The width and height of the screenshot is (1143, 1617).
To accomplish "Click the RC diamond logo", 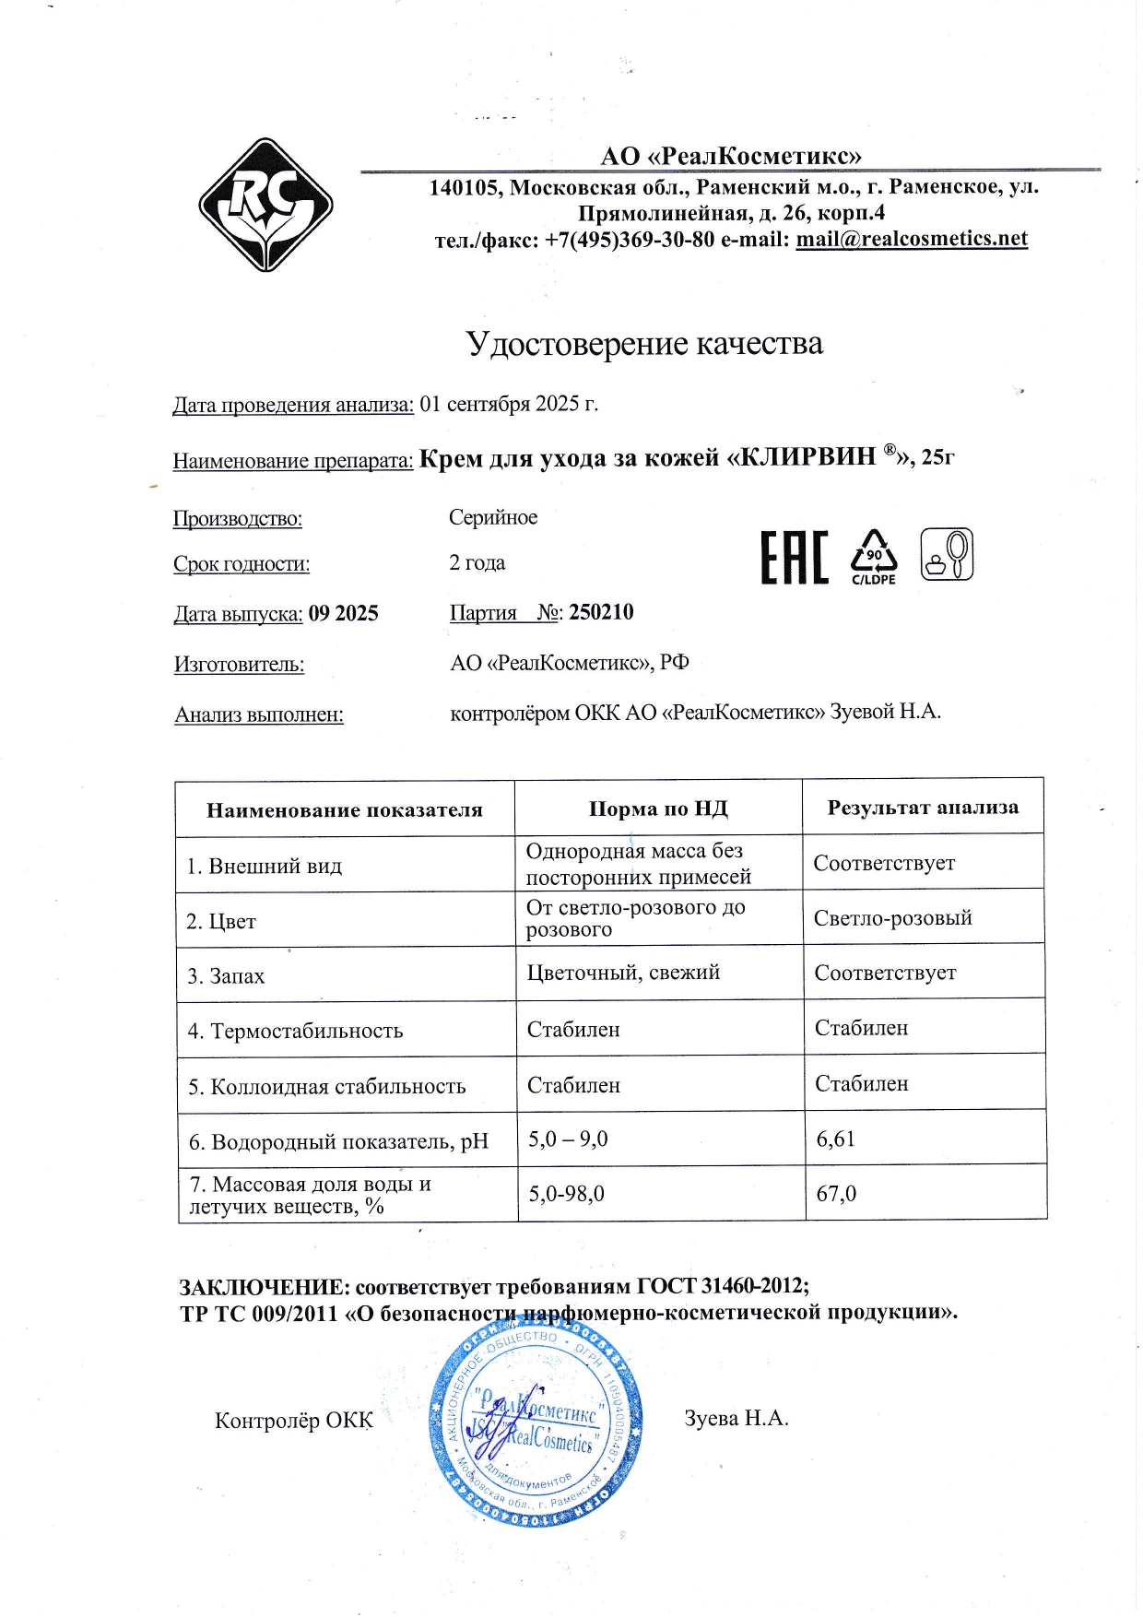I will pos(265,205).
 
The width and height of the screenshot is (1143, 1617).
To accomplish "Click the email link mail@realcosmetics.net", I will pos(911,239).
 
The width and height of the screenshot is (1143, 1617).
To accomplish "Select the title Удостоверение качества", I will pos(643,344).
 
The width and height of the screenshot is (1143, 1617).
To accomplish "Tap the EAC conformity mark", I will pos(794,557).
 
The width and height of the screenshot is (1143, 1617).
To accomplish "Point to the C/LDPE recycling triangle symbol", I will pos(873,556).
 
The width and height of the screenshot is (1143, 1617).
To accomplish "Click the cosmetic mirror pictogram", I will pos(947,554).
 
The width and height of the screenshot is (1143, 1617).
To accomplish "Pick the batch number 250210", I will pos(601,613).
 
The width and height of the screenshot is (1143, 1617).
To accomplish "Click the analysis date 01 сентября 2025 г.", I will pos(509,404).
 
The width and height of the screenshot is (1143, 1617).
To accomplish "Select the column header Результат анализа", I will pos(923,808).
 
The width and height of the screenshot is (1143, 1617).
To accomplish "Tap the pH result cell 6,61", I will pos(836,1139).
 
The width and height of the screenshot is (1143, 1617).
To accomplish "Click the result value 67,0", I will pos(836,1194).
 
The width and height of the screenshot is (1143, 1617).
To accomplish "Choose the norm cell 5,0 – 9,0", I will pos(568,1139).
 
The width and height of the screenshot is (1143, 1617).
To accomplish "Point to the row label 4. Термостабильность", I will pos(295,1031).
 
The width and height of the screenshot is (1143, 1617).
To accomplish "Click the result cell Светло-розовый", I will pos(892,918).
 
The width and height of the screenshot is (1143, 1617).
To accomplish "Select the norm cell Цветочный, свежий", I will pos(623,973).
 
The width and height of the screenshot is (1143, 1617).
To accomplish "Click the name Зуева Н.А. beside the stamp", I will pos(736,1418).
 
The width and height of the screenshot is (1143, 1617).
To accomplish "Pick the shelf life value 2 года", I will pos(477,563).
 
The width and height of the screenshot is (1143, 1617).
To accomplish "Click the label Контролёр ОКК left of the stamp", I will pos(293,1421).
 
